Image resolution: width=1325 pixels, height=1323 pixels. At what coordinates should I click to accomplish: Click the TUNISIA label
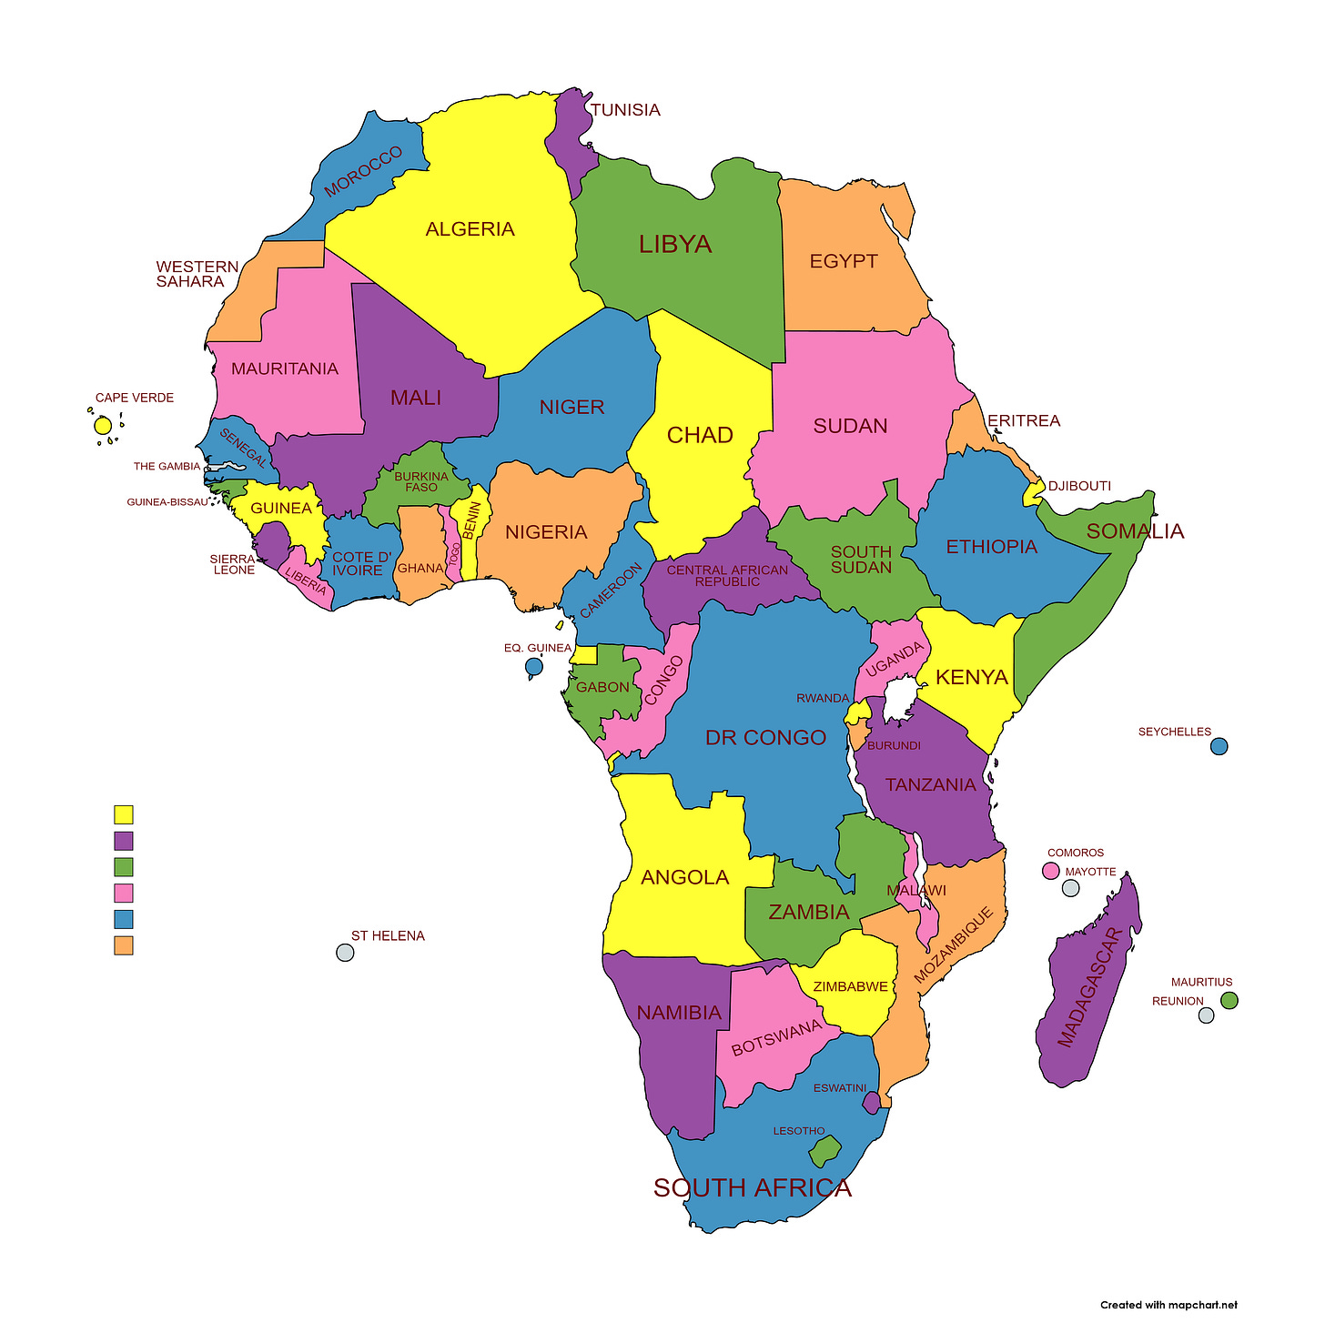pyautogui.click(x=625, y=110)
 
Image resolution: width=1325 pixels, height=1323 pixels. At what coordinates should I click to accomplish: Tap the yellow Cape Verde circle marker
pyautogui.click(x=103, y=426)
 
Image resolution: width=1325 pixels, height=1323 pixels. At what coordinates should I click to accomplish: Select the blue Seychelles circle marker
pyautogui.click(x=1219, y=746)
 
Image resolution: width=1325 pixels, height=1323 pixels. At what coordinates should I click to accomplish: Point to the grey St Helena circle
pyautogui.click(x=345, y=953)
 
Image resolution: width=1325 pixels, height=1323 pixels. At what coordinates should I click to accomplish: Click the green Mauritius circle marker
pyautogui.click(x=1229, y=1000)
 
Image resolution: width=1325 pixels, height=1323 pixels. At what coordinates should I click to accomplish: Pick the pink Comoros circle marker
pyautogui.click(x=1051, y=871)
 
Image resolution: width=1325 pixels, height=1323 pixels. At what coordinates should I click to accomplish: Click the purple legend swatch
pyautogui.click(x=124, y=841)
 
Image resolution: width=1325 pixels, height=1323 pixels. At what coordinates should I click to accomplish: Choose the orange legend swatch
pyautogui.click(x=124, y=945)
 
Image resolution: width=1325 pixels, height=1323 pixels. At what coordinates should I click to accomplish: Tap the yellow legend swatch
pyautogui.click(x=124, y=814)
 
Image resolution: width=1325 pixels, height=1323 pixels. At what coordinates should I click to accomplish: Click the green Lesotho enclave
pyautogui.click(x=824, y=1152)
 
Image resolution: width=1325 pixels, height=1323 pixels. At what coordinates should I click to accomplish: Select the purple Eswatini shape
pyautogui.click(x=871, y=1103)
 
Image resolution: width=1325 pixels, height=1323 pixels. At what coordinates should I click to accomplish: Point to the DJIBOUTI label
pyautogui.click(x=1079, y=486)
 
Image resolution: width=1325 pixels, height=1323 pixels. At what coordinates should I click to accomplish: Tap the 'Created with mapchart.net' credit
pyautogui.click(x=1168, y=1305)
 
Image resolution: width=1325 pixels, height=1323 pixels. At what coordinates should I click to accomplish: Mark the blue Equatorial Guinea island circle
pyautogui.click(x=534, y=667)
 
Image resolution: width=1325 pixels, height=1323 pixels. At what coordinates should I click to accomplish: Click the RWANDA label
pyautogui.click(x=823, y=698)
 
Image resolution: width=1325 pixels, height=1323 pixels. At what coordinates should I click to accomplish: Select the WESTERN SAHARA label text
pyautogui.click(x=197, y=274)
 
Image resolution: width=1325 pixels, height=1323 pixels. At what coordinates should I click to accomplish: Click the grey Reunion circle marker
pyautogui.click(x=1206, y=1015)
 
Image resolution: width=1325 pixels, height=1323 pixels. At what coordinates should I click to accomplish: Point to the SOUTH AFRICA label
pyautogui.click(x=753, y=1188)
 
